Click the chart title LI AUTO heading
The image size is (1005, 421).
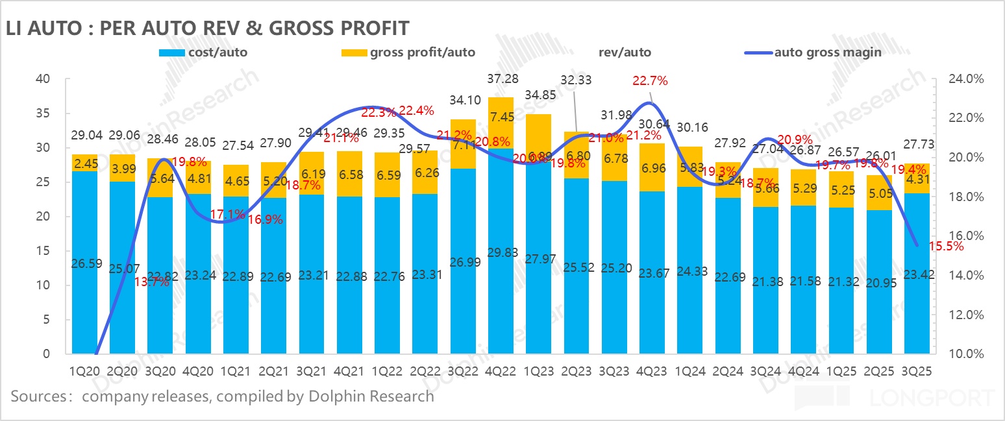point(206,28)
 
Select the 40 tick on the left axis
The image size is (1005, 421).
point(43,79)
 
